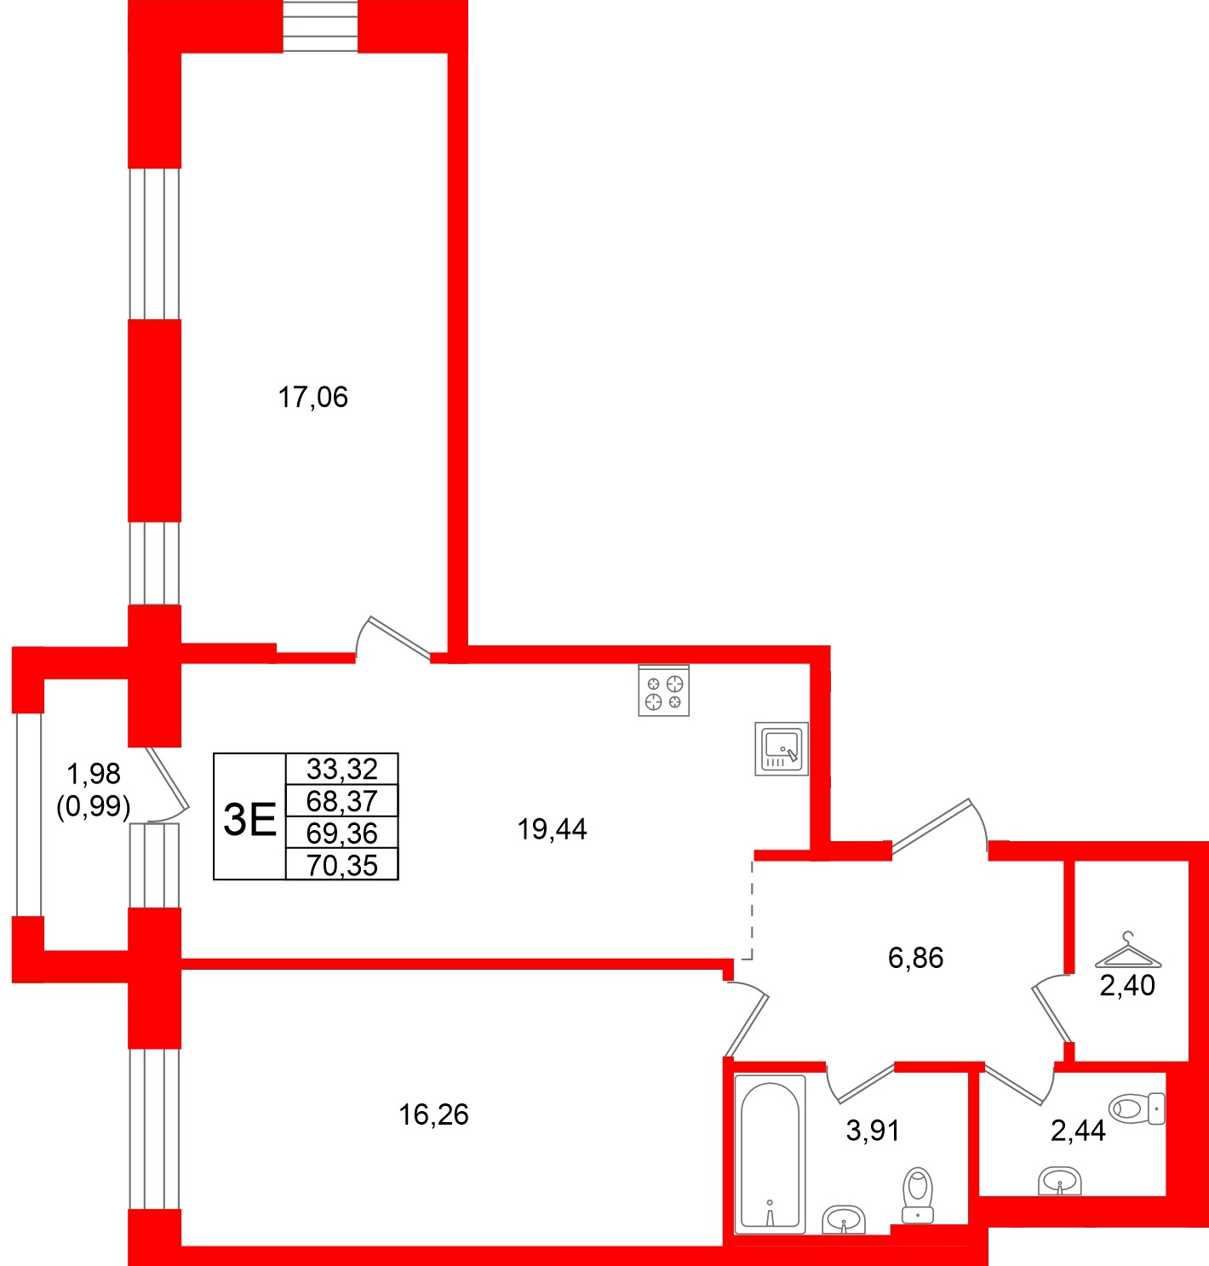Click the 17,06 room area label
(313, 398)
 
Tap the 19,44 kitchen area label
(552, 829)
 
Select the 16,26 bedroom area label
(433, 1114)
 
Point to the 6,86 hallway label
(915, 959)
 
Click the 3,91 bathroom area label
(873, 1131)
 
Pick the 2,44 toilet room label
(1078, 1131)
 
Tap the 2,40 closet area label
(1127, 986)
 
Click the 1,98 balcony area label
(94, 774)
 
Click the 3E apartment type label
(249, 819)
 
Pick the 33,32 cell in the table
(341, 770)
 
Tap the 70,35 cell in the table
(341, 866)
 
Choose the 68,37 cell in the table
(341, 801)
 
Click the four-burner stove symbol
(664, 690)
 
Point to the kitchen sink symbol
(782, 749)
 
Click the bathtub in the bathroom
(771, 1155)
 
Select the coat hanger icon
(1128, 951)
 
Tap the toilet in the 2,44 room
(1137, 1108)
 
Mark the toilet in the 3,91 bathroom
(918, 1194)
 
